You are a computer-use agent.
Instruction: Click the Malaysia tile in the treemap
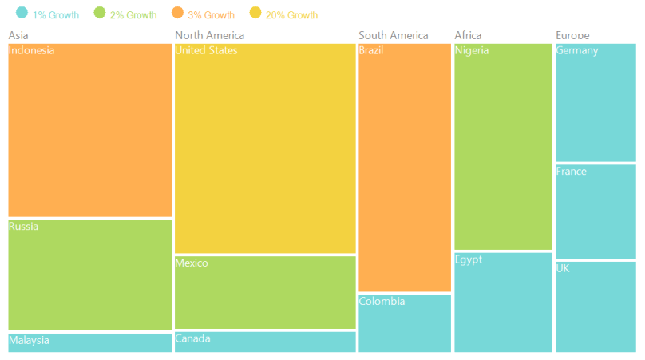point(89,342)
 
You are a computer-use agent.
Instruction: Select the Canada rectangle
point(265,342)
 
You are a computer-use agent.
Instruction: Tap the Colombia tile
point(405,323)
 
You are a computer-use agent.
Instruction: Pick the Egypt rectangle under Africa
point(503,303)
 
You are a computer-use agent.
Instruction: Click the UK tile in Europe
point(596,307)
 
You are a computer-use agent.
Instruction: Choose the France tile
point(596,212)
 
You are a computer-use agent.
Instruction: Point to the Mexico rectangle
point(265,292)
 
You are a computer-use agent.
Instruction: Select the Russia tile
point(89,275)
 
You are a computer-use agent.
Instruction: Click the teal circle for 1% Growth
point(22,13)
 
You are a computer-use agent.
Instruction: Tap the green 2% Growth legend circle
point(100,13)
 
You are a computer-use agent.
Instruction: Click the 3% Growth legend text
point(211,15)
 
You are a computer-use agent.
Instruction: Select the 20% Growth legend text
point(291,15)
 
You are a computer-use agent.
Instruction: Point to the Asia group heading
point(18,35)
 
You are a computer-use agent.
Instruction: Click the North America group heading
point(209,35)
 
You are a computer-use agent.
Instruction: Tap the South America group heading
point(393,35)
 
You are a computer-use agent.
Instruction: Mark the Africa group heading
point(468,35)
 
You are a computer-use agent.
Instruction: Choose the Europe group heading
point(572,35)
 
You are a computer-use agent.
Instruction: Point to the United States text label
point(206,51)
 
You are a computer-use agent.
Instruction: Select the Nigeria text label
point(472,51)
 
